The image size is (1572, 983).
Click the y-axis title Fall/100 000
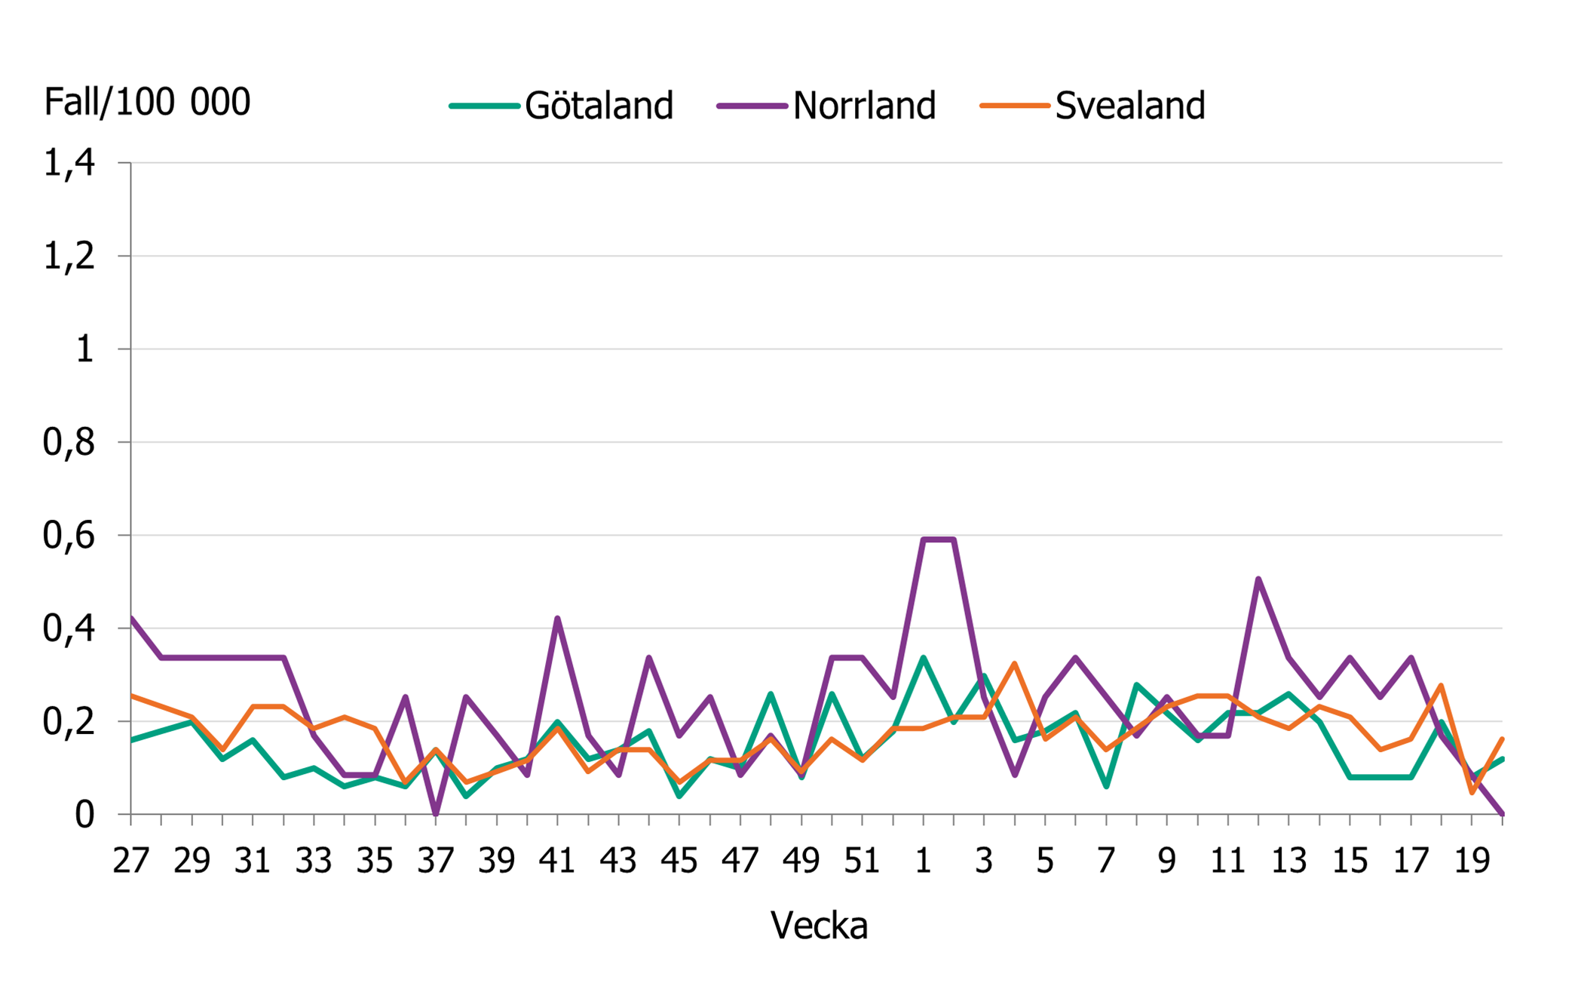pyautogui.click(x=147, y=102)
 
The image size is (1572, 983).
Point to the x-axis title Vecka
pyautogui.click(x=819, y=925)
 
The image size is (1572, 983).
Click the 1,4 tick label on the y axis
pyautogui.click(x=69, y=163)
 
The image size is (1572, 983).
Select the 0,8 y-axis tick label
pyautogui.click(x=69, y=443)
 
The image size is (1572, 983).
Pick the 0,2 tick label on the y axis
pyautogui.click(x=69, y=722)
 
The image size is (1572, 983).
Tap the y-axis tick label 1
pyautogui.click(x=84, y=349)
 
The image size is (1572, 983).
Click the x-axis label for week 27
pyautogui.click(x=131, y=861)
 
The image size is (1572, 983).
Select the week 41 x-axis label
pyautogui.click(x=557, y=861)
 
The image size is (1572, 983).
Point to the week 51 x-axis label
pyautogui.click(x=862, y=861)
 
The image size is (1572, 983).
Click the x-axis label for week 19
pyautogui.click(x=1471, y=861)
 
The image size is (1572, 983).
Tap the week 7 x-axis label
pyautogui.click(x=1106, y=861)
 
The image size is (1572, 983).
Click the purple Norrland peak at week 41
pyautogui.click(x=557, y=619)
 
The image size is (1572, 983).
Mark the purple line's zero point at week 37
pyautogui.click(x=436, y=813)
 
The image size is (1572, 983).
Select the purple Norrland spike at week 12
pyautogui.click(x=1258, y=579)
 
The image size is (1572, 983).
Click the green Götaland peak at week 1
pyautogui.click(x=923, y=658)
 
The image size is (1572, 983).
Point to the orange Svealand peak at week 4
pyautogui.click(x=1015, y=664)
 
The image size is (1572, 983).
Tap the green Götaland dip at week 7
pyautogui.click(x=1106, y=787)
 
